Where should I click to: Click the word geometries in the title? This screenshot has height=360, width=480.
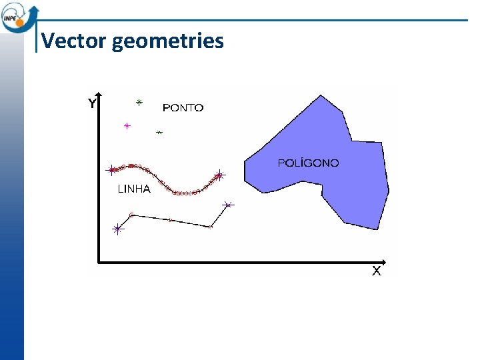coord(168,42)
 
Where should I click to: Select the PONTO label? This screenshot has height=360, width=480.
coord(183,107)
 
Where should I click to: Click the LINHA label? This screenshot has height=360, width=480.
coord(134,189)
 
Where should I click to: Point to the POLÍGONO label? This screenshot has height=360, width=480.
coord(308,163)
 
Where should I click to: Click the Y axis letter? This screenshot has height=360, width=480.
coord(93,103)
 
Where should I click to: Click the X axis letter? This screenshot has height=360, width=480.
coord(377,271)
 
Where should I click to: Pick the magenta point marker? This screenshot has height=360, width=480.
coord(127,125)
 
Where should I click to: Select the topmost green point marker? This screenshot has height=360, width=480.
coord(139,103)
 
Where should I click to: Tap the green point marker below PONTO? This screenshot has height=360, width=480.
coord(159,133)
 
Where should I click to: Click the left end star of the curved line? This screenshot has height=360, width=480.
coord(111,170)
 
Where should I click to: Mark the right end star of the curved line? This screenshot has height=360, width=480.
coord(219,176)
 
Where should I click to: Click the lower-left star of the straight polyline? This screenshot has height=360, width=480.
coord(118,229)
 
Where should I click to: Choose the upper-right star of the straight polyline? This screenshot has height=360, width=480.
coord(228,204)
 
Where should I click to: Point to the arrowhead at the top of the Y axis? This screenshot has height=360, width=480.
coord(99,93)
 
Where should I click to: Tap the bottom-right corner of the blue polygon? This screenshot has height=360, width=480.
coord(378,229)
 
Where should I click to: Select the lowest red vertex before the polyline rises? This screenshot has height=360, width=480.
coord(211,227)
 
